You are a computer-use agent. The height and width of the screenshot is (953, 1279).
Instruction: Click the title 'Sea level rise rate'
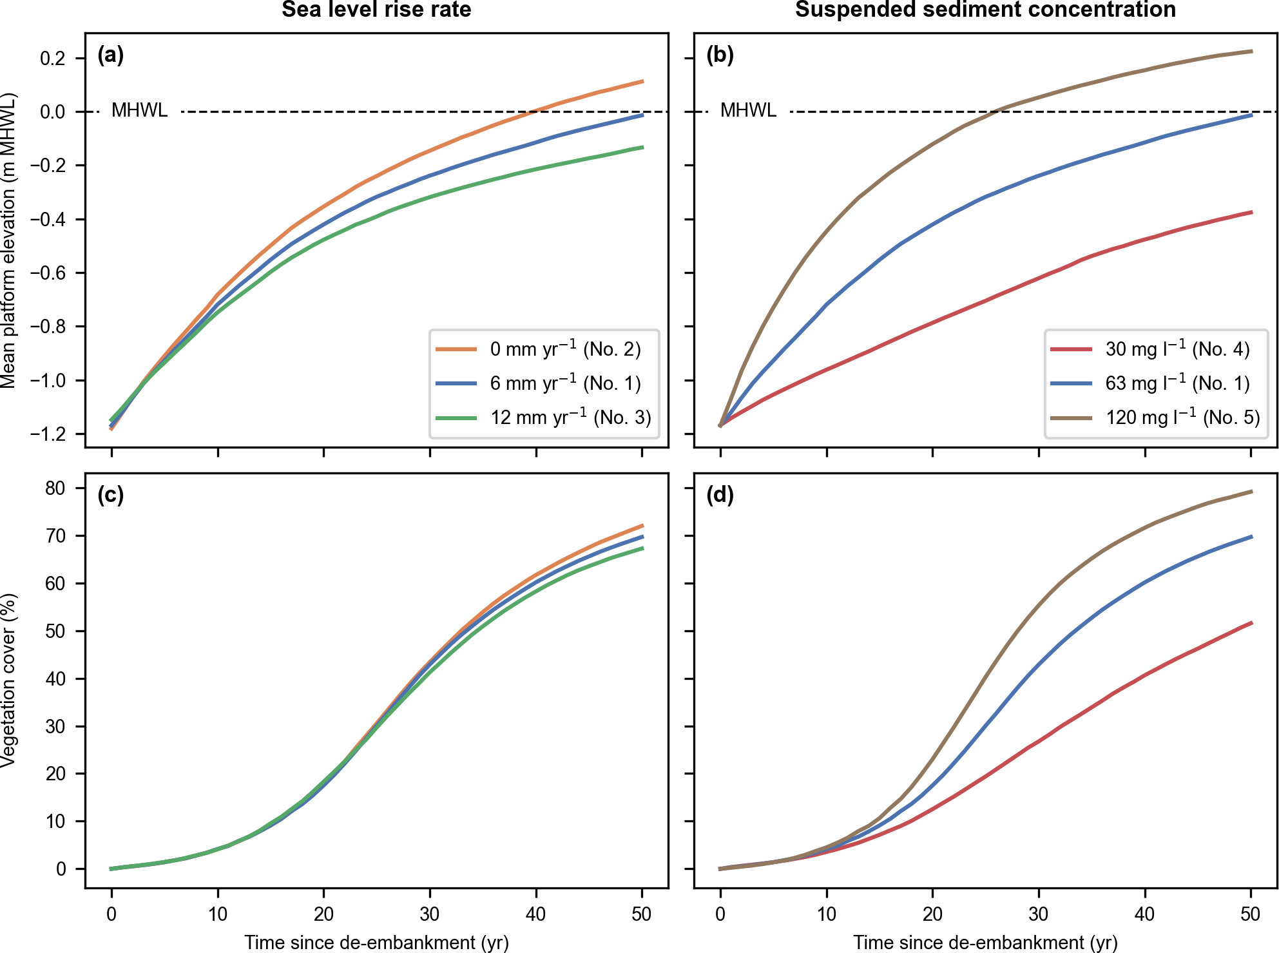[x=376, y=10]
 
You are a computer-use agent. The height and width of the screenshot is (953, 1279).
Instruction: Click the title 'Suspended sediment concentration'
[x=985, y=10]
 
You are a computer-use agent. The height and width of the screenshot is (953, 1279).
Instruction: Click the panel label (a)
[x=110, y=55]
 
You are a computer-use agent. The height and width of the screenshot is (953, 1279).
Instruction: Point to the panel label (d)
[x=720, y=495]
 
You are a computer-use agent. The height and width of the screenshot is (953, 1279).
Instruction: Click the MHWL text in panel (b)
[x=748, y=111]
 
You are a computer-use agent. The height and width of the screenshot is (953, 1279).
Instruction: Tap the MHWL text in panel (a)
[x=139, y=111]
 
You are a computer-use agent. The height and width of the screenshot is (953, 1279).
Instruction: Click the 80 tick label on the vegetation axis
[x=55, y=488]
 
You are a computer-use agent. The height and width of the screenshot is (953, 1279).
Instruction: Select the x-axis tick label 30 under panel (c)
[x=430, y=914]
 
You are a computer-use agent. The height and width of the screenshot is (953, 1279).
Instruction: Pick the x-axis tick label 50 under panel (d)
[x=1251, y=914]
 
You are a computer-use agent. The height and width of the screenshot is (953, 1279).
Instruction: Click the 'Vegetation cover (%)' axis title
[x=8, y=680]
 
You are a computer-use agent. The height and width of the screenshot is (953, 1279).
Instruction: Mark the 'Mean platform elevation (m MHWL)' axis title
[x=8, y=240]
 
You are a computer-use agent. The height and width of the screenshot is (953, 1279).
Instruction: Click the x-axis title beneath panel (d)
[x=985, y=943]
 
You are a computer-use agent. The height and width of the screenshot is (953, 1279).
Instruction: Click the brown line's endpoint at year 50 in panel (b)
[x=1251, y=51]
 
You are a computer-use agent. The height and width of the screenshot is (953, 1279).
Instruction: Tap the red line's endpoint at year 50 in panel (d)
[x=1251, y=622]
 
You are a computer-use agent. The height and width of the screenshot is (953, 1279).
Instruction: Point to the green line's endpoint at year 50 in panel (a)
[x=642, y=148]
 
